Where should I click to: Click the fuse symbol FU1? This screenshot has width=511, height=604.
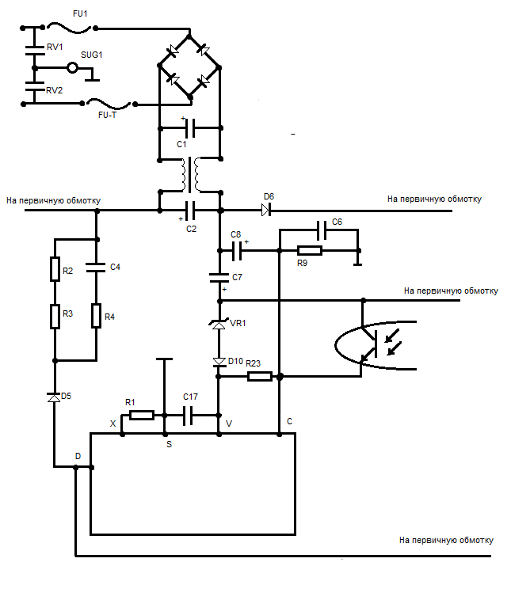69,28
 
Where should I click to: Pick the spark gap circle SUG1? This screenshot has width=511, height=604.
72,68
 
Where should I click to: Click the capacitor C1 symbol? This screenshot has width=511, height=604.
190,128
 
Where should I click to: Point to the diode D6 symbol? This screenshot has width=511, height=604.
266,211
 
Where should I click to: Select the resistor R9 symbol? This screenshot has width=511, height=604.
310,251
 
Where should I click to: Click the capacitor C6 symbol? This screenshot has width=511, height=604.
322,230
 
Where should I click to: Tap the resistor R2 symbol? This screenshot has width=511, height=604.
55,268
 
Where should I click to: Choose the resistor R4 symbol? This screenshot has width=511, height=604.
97,316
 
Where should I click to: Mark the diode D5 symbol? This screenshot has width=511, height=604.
54,397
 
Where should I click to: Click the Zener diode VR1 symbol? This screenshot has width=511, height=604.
219,325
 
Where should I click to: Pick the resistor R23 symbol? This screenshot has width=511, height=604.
260,376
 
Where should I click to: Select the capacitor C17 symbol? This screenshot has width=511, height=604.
188,416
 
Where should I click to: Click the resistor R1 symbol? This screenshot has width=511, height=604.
142,416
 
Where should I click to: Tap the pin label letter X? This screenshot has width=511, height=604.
113,424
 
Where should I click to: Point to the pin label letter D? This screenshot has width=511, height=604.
78,456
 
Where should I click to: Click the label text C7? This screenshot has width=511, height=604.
237,277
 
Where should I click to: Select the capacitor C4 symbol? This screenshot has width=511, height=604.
96,268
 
